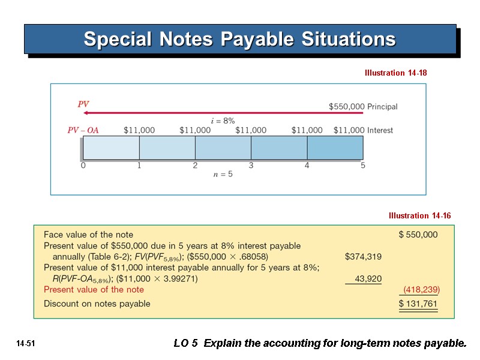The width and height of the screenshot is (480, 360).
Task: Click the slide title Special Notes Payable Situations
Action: (239, 40)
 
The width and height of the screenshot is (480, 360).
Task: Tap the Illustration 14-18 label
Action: (395, 73)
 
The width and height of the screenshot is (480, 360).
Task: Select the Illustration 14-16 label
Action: (419, 215)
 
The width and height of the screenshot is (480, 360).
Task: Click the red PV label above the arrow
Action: (83, 104)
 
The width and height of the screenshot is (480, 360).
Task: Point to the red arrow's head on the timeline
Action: (86, 113)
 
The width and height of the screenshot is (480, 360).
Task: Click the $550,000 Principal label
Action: (363, 107)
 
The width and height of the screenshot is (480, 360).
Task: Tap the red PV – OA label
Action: (83, 130)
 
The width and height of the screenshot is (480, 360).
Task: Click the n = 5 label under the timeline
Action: (223, 175)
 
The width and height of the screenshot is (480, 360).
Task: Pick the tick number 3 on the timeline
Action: (251, 166)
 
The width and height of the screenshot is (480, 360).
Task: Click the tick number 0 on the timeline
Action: (83, 166)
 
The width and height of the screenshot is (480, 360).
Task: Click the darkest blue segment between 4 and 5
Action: (335, 148)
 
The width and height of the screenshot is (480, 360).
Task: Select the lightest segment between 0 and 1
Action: (111, 148)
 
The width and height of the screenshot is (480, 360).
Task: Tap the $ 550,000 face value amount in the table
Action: (418, 235)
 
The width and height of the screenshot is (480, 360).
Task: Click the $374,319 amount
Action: (363, 257)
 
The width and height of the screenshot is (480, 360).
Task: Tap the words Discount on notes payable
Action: (97, 304)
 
